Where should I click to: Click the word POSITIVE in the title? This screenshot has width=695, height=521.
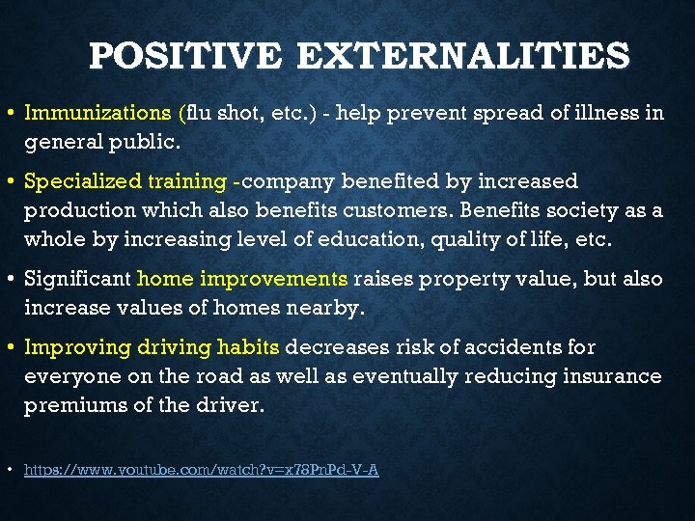point(183,56)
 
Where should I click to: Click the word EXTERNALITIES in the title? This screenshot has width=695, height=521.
point(463,56)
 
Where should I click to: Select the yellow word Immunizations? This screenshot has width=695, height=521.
point(98,113)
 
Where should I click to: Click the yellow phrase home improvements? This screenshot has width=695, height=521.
point(242,279)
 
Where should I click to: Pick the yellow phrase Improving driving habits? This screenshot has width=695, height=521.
point(152,346)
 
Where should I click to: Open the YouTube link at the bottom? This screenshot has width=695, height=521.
point(201,470)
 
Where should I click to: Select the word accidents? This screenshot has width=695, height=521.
point(527,346)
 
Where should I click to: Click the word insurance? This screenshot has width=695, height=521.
point(614,375)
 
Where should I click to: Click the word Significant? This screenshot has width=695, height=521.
point(77,279)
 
